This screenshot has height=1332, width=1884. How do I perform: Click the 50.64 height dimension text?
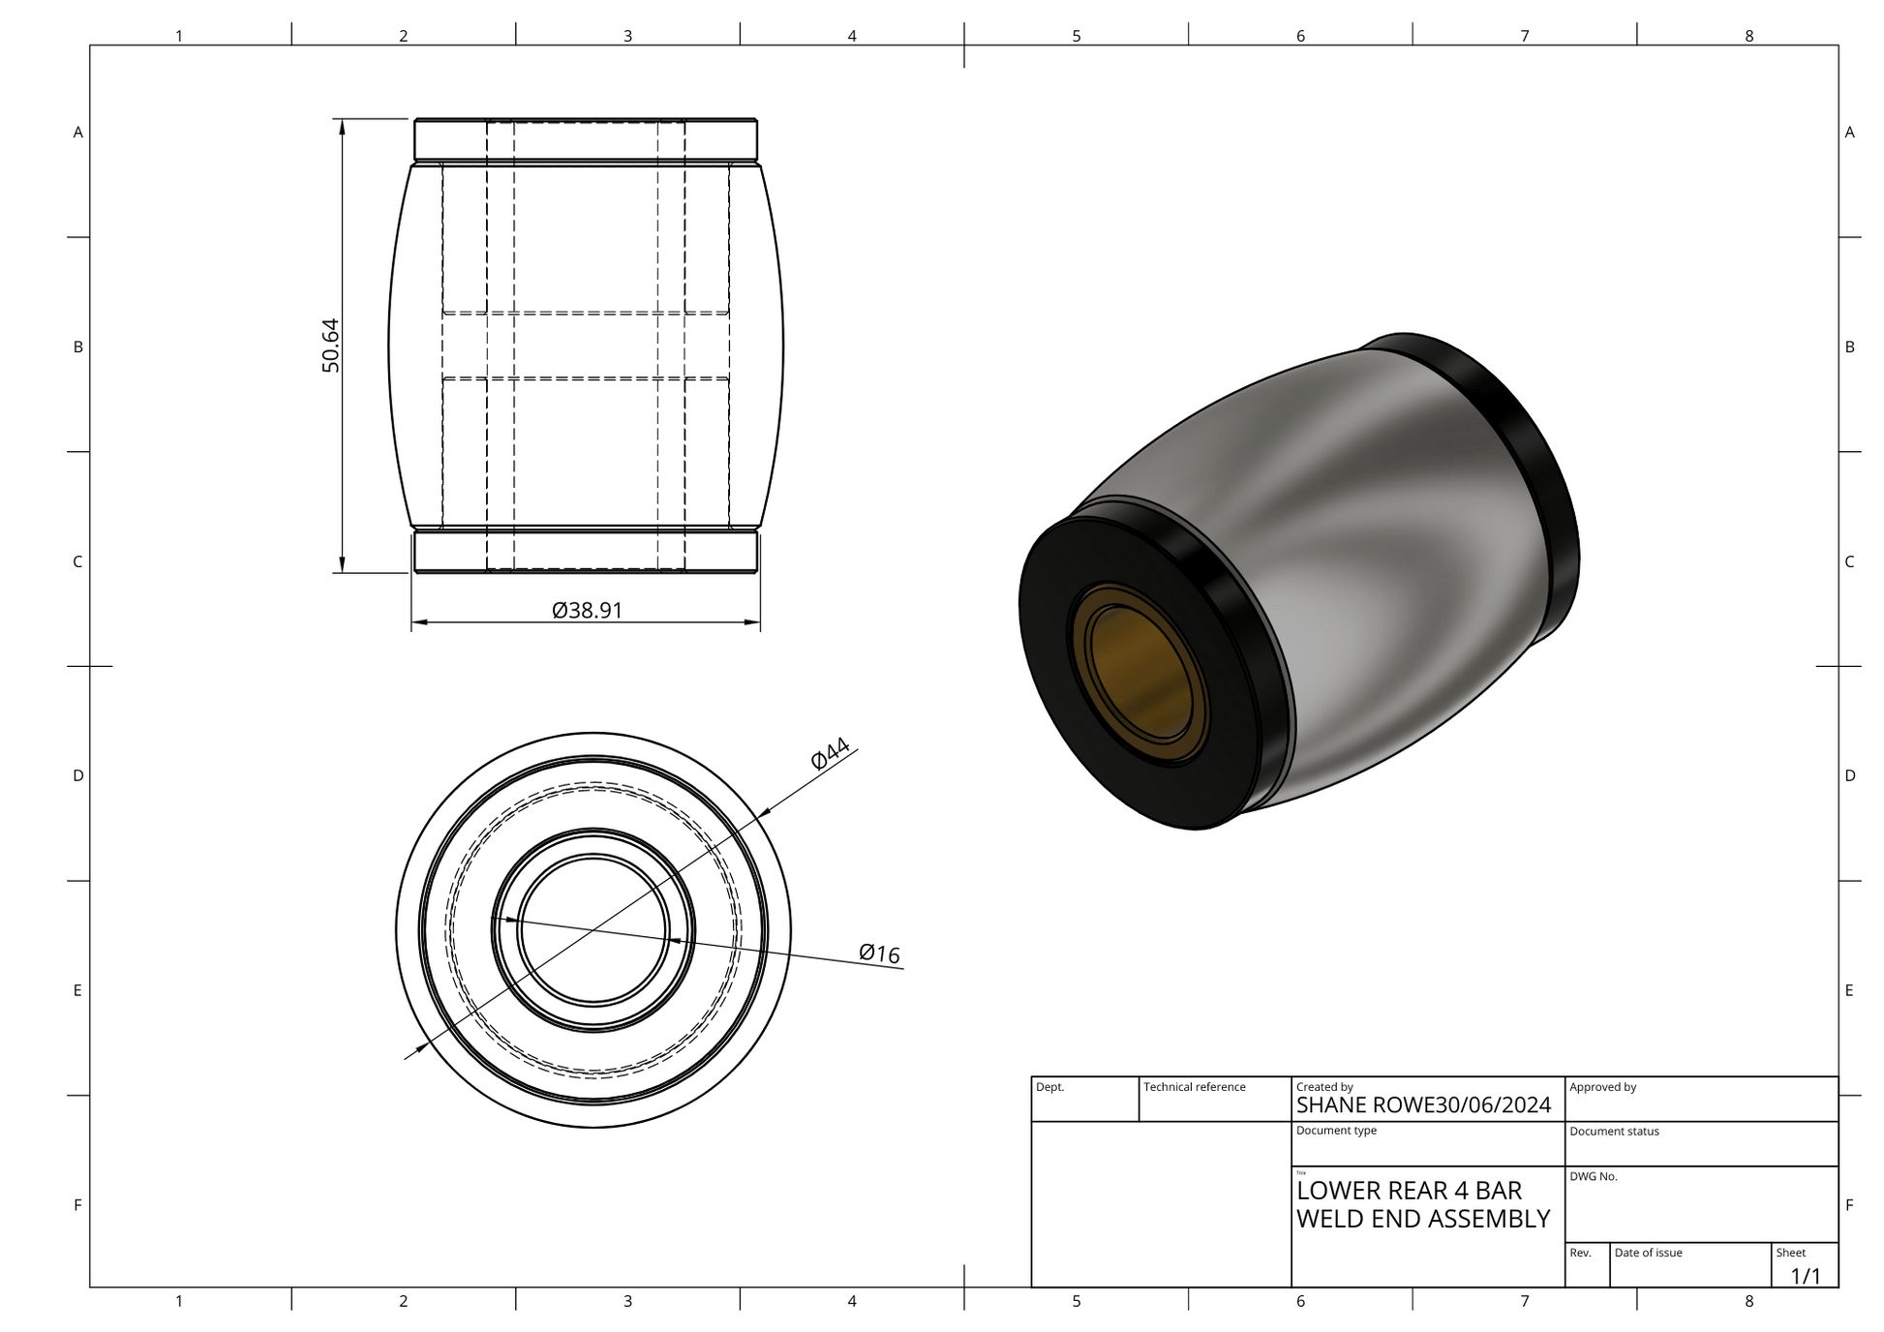pos(331,346)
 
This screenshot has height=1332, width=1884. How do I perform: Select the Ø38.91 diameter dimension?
pos(587,611)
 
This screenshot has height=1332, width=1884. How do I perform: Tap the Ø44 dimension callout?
pos(831,753)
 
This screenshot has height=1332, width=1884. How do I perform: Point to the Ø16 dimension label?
pos(879,954)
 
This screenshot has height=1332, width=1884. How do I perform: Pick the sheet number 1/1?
pos(1806,1276)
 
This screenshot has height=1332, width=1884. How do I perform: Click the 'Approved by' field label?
pos(1602,1087)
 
